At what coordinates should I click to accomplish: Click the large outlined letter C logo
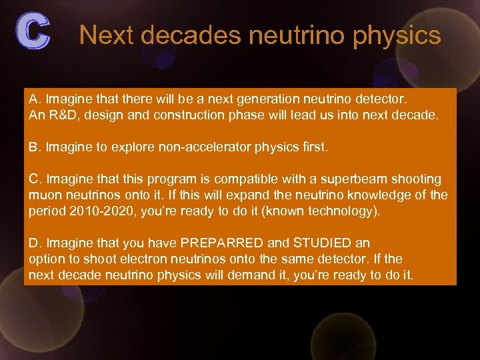33,31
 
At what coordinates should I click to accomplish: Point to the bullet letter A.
34,99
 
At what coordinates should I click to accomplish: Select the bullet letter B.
34,147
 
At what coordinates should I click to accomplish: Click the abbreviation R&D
61,115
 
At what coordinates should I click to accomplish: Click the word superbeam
357,179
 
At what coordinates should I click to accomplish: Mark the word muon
44,195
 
